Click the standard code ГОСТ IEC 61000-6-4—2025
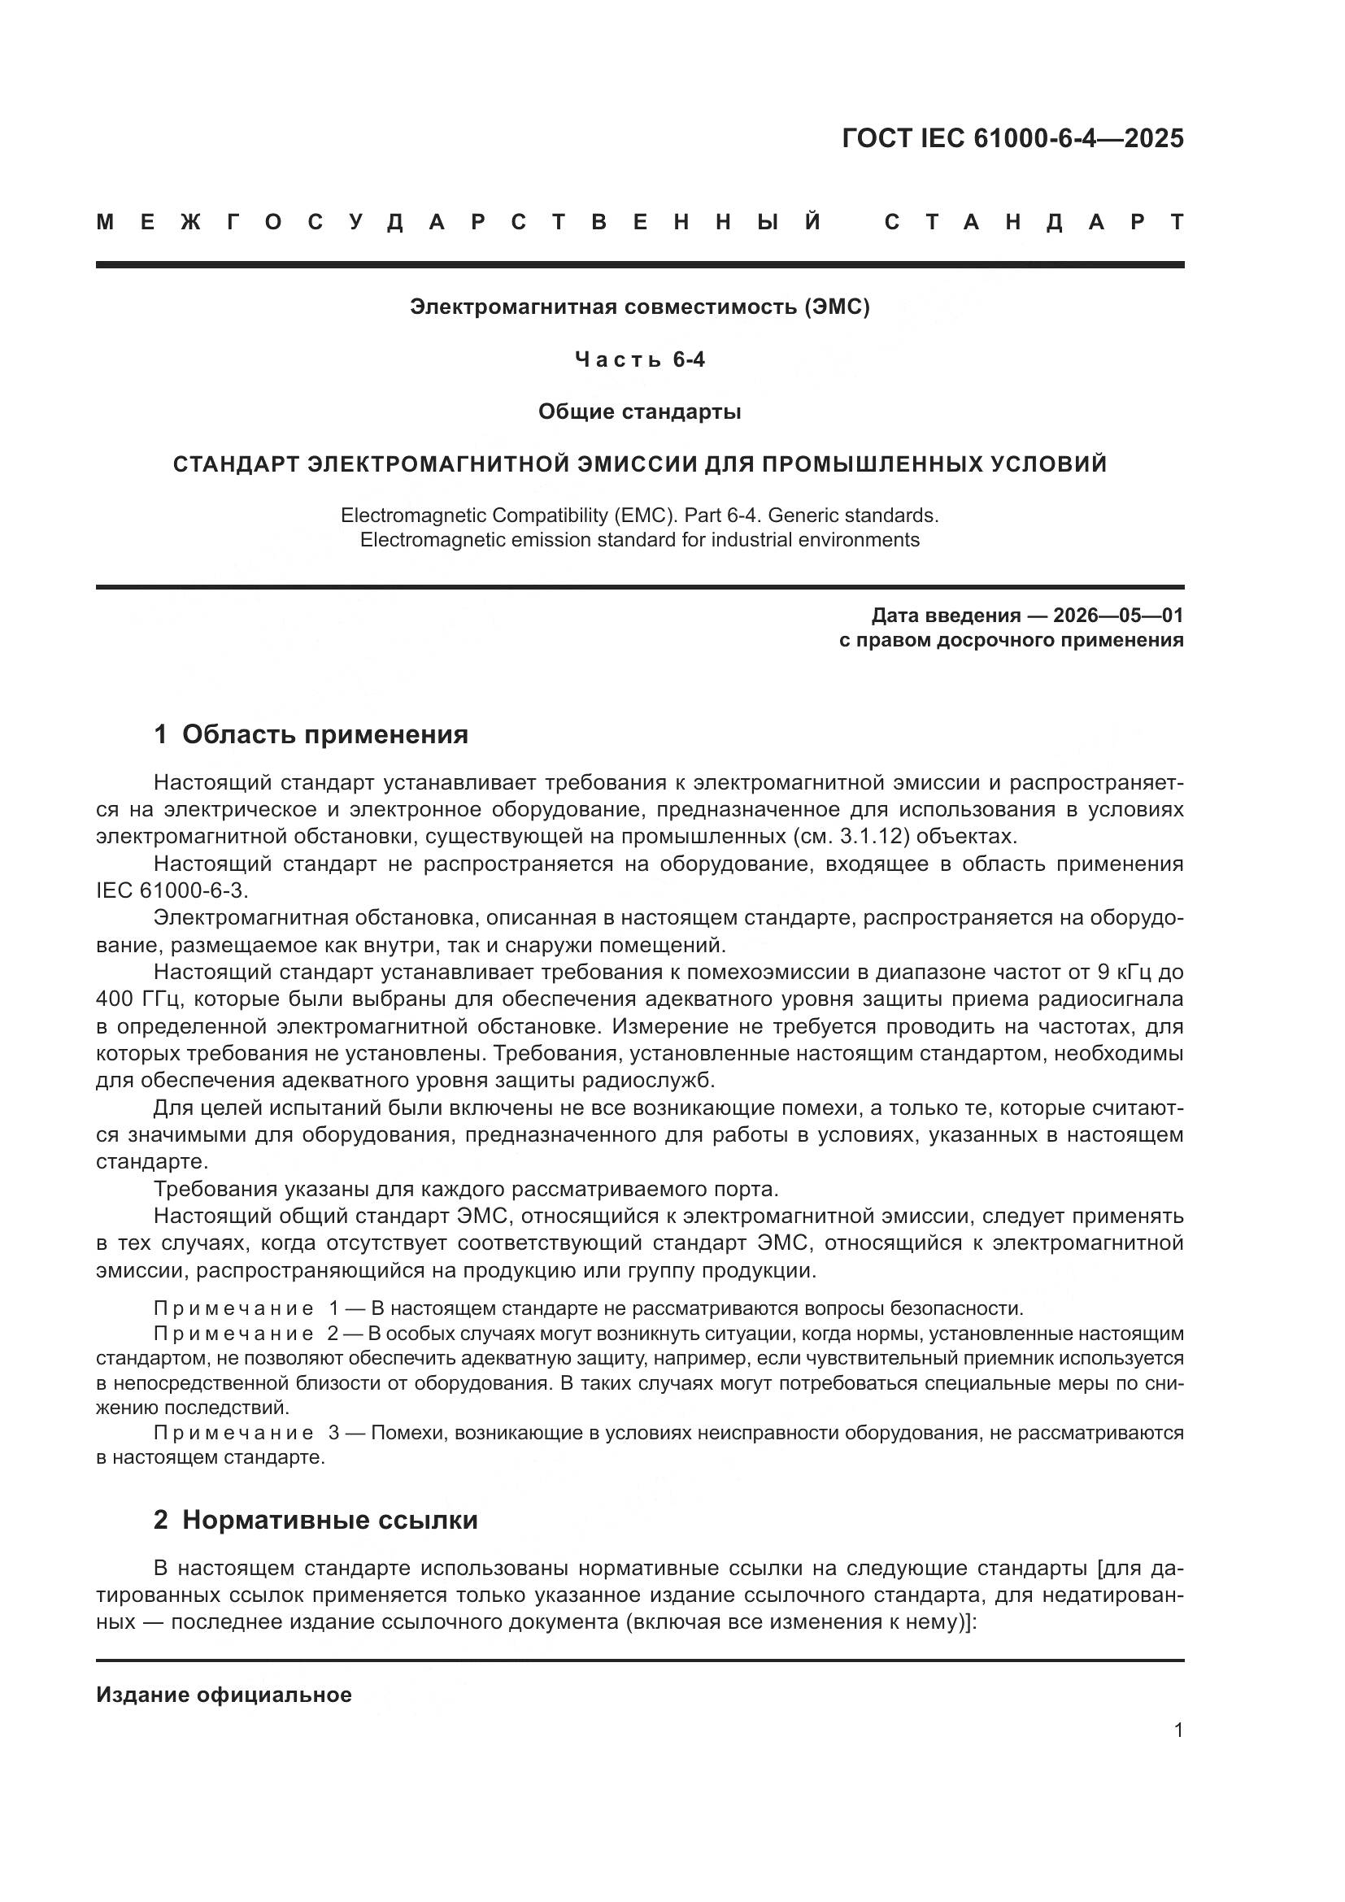[1012, 138]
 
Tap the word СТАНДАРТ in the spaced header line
[1034, 222]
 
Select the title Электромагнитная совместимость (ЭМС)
[639, 307]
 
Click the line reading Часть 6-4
[639, 359]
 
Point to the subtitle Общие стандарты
[639, 411]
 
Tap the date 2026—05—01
[1117, 616]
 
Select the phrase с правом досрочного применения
[1011, 639]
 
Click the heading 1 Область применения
[311, 734]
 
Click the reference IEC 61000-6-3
[172, 890]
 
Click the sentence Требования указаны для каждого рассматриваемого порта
[465, 1190]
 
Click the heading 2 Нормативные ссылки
[316, 1520]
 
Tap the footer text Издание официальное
[224, 1695]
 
